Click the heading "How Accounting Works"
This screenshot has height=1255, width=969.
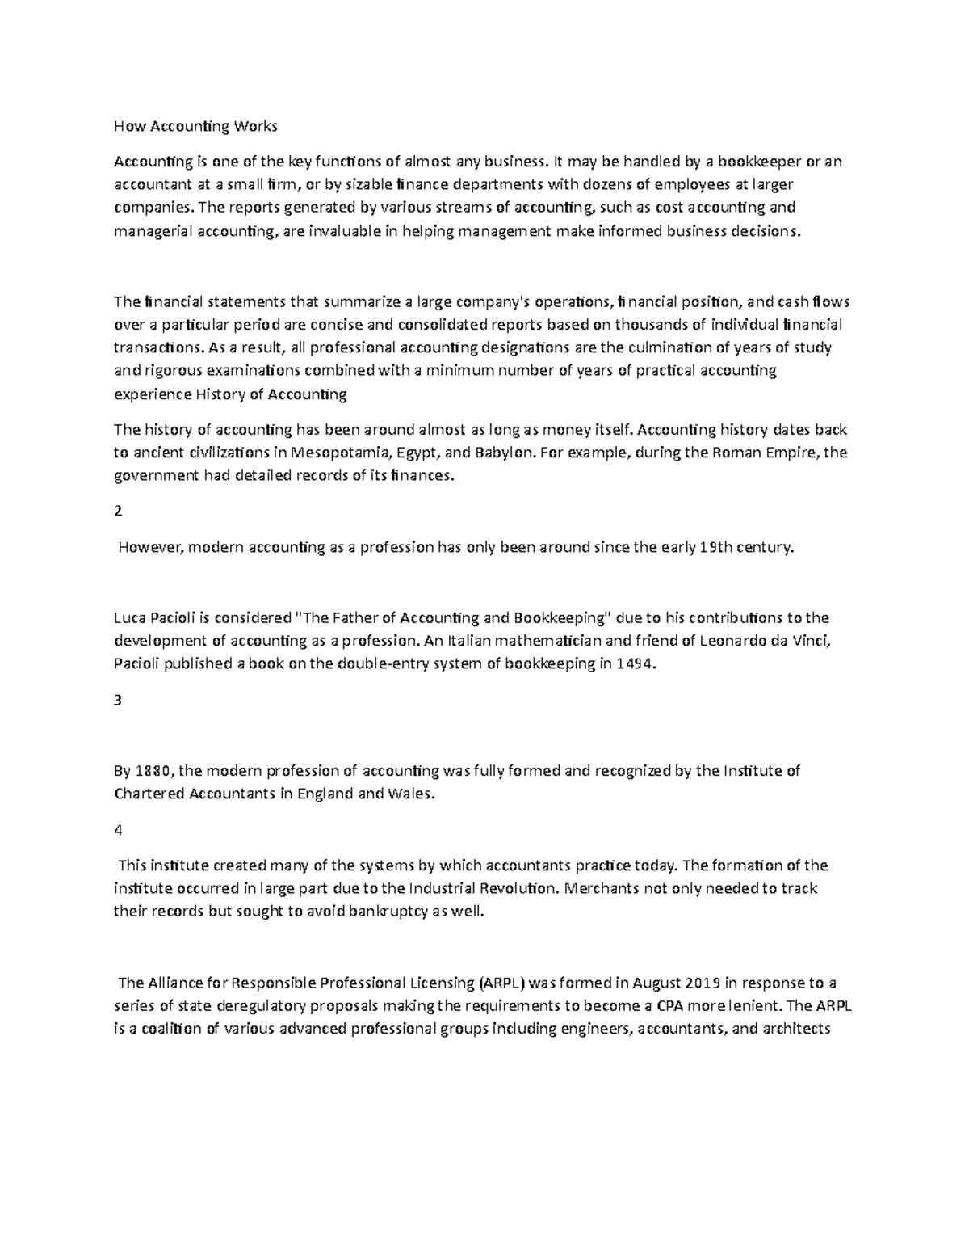[195, 126]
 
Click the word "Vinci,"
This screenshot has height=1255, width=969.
[807, 642]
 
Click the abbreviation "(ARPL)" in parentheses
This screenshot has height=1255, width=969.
[501, 983]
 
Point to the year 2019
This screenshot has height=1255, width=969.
[703, 983]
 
